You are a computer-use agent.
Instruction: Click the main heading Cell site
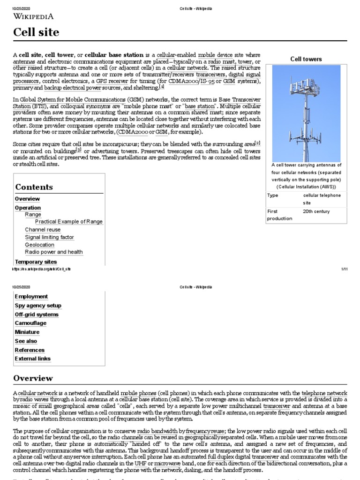[36, 32]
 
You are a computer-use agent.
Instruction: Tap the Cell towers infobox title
[306, 59]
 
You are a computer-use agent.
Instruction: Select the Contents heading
[34, 187]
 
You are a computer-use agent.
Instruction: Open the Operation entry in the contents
[28, 208]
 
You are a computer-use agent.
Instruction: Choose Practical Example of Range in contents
[68, 222]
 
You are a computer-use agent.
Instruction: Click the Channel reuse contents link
[43, 230]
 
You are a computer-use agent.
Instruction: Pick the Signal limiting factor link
[49, 237]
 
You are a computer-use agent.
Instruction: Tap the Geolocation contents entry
[39, 245]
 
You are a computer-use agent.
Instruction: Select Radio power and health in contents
[53, 252]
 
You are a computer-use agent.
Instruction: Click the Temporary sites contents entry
[36, 262]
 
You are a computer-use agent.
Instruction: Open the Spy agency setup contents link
[38, 306]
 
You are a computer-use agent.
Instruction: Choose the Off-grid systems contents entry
[37, 315]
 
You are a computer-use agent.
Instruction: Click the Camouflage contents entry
[30, 323]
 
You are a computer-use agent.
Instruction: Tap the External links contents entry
[32, 359]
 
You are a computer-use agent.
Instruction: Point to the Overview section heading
[33, 378]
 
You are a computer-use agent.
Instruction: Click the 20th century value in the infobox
[316, 211]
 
